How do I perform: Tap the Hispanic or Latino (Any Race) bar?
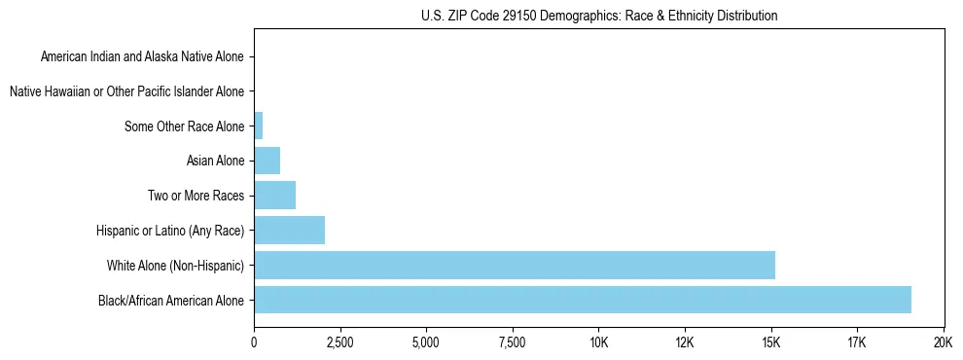click(x=289, y=231)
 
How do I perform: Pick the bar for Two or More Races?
click(x=274, y=196)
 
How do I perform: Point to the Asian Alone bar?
click(x=267, y=161)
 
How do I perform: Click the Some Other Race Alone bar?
click(x=258, y=126)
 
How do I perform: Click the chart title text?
click(x=598, y=16)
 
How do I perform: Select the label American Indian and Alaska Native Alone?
click(x=142, y=56)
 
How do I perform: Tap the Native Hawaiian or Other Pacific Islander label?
click(x=126, y=91)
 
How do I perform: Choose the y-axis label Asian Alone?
click(x=215, y=161)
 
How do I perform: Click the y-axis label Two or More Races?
click(x=196, y=196)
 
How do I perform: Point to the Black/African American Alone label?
click(x=171, y=300)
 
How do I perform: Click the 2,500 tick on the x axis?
click(x=339, y=342)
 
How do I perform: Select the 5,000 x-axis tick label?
click(x=426, y=342)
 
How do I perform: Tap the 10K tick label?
click(x=598, y=342)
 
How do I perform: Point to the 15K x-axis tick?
click(x=770, y=342)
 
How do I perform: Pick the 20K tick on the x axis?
click(x=943, y=342)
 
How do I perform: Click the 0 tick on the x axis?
click(x=254, y=342)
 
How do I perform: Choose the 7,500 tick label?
click(x=512, y=342)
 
